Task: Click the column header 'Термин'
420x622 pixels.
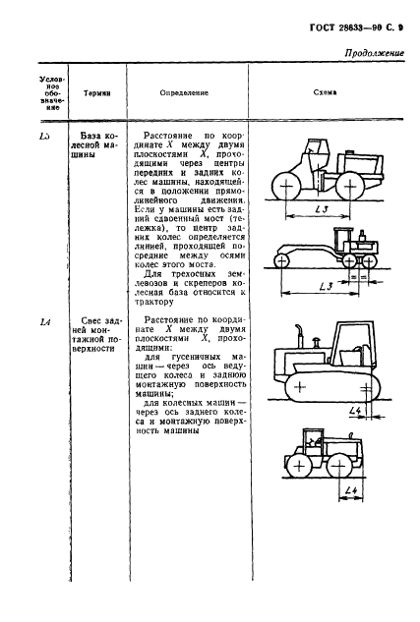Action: (97, 90)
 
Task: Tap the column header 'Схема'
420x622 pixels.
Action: (324, 90)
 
